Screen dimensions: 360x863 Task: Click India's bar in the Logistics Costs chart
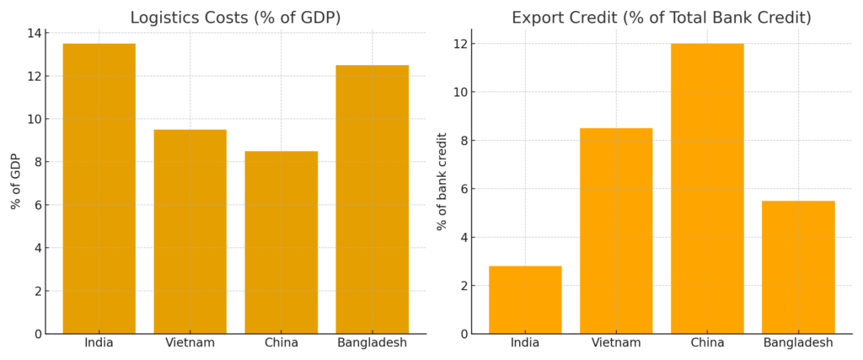click(x=99, y=189)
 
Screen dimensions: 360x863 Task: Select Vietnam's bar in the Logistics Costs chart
click(x=190, y=232)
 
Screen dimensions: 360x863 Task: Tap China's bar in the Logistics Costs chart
click(x=281, y=243)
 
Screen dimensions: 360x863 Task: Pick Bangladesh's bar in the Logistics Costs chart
click(x=372, y=200)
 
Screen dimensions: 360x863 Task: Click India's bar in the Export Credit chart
click(x=525, y=300)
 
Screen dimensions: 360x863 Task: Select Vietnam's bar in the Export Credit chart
click(x=616, y=231)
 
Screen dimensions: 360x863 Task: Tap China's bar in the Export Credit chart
click(x=707, y=189)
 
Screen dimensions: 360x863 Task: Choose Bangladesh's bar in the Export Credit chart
click(x=798, y=267)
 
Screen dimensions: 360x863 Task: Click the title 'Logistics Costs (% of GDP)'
click(x=235, y=18)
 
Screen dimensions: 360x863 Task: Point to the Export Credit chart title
click(x=662, y=18)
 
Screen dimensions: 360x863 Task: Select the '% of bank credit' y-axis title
click(x=442, y=182)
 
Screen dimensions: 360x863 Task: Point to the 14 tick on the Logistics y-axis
click(x=35, y=33)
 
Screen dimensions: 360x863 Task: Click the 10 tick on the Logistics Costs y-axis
click(x=35, y=119)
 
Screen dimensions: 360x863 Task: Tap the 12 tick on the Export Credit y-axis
click(x=461, y=44)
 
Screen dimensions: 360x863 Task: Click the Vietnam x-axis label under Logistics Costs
click(x=190, y=343)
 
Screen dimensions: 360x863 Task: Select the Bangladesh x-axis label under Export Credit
click(x=798, y=343)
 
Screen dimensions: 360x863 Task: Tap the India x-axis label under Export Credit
click(x=525, y=343)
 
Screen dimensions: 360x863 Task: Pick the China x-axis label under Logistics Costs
click(x=281, y=343)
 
